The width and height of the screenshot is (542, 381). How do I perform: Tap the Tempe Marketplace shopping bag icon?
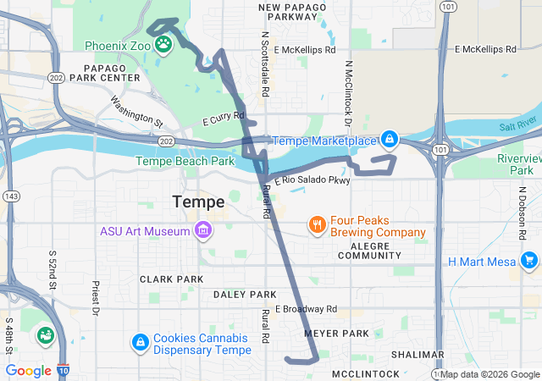389,138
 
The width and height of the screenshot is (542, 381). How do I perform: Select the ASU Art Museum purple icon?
203,230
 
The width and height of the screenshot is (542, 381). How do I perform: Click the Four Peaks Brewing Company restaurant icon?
318,224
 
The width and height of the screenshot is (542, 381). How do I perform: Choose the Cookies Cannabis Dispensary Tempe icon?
140,342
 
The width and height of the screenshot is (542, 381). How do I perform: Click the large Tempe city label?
198,202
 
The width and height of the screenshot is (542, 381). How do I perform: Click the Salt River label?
517,125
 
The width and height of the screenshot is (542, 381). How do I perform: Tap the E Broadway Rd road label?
306,308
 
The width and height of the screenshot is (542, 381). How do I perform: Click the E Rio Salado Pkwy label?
312,180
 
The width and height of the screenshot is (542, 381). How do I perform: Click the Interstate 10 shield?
65,370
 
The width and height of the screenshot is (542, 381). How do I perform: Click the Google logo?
28,370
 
